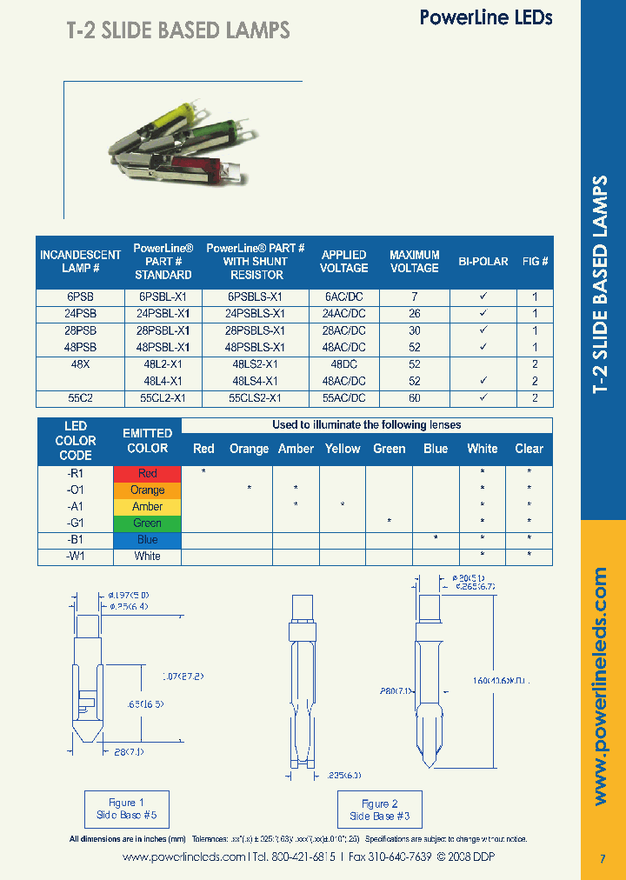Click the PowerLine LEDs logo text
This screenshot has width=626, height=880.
tap(486, 17)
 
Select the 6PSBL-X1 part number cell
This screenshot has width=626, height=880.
tap(163, 297)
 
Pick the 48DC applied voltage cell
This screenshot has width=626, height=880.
tap(343, 364)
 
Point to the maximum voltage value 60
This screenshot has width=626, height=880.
tap(414, 398)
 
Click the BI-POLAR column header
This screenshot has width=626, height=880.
tap(483, 261)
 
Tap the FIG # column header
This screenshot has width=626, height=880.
tap(535, 261)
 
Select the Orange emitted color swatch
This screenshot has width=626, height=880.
tap(147, 490)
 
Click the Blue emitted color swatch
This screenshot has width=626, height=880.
tap(147, 539)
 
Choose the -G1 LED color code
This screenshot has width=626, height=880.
tap(75, 523)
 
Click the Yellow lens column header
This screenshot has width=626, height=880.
tap(343, 449)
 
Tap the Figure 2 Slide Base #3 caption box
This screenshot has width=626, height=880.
tap(379, 810)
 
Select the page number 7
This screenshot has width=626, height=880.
tap(603, 859)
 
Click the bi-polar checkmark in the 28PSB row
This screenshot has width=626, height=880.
tap(483, 330)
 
